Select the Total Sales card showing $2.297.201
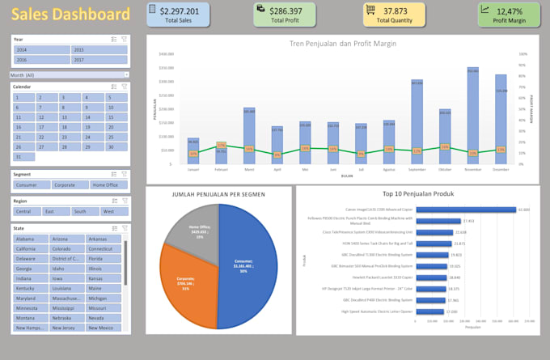point(178,14)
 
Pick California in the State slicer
point(31,249)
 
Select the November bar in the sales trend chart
point(472,112)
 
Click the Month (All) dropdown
point(70,74)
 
